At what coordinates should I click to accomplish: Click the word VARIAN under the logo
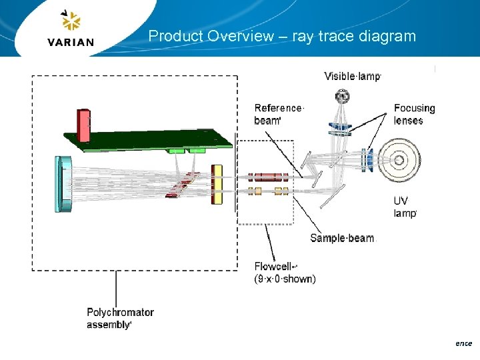71,42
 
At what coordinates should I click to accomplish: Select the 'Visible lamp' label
351,76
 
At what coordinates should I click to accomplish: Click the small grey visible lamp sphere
343,97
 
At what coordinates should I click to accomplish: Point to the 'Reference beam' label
279,114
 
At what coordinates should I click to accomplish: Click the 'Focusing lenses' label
414,114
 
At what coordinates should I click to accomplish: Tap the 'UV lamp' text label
405,207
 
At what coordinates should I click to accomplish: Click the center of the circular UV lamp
399,160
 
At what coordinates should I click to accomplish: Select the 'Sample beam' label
342,238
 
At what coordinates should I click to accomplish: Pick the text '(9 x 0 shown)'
285,279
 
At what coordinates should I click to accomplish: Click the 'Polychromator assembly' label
120,318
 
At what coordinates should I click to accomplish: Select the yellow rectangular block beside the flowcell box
217,184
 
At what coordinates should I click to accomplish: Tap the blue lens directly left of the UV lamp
367,160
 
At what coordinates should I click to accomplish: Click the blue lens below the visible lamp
339,126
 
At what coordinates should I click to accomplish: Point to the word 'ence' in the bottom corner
463,343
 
